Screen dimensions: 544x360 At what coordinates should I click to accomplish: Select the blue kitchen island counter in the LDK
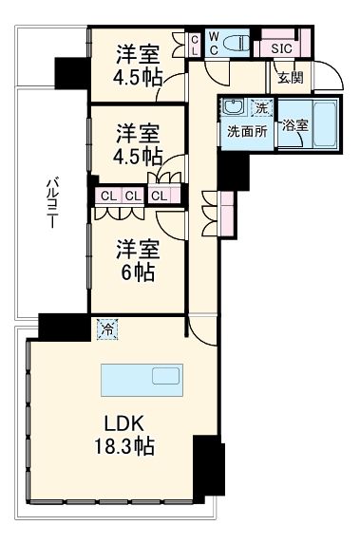(x=140, y=379)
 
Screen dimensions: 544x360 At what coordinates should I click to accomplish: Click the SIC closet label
(x=280, y=47)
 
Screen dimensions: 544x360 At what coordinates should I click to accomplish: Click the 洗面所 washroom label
(x=244, y=131)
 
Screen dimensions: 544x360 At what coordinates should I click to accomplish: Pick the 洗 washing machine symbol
(x=263, y=108)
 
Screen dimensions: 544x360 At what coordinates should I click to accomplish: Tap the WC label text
(x=215, y=44)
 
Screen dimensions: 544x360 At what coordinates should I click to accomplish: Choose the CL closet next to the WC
(x=195, y=44)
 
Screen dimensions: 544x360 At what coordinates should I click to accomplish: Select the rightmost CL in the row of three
(x=160, y=197)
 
